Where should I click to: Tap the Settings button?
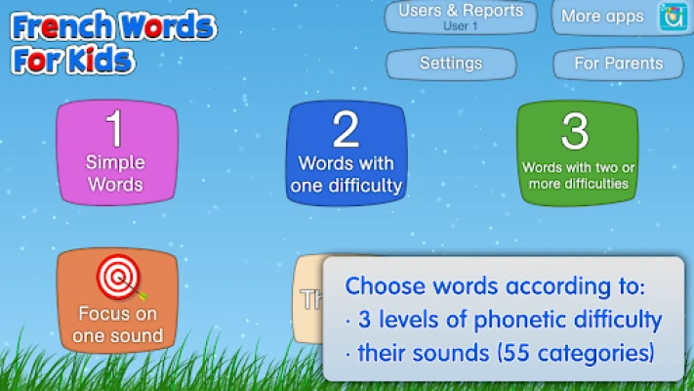[x=451, y=64]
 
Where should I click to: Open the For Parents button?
[x=618, y=64]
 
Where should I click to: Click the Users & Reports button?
[x=461, y=18]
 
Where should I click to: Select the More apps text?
[x=602, y=17]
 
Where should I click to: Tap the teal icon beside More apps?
[x=674, y=17]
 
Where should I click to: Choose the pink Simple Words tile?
[x=117, y=152]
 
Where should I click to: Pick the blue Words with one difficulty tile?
[x=347, y=153]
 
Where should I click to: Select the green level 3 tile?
[x=577, y=153]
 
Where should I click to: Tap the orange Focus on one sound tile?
[x=117, y=300]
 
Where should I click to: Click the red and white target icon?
[x=119, y=277]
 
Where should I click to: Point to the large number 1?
[x=114, y=129]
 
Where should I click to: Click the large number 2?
[x=346, y=129]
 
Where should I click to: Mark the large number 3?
[x=575, y=131]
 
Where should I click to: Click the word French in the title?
[x=61, y=26]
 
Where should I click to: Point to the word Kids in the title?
[x=101, y=60]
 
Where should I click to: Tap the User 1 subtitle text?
[x=461, y=26]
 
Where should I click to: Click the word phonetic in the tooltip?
[x=516, y=320]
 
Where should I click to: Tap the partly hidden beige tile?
[x=308, y=299]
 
